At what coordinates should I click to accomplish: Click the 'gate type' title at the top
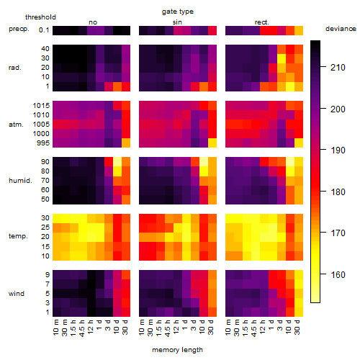pyautogui.click(x=178, y=12)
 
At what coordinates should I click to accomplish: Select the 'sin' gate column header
pyautogui.click(x=177, y=22)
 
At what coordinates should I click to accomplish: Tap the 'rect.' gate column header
pyautogui.click(x=261, y=22)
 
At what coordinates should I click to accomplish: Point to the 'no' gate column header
pyautogui.click(x=93, y=22)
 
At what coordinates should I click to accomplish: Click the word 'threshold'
pyautogui.click(x=40, y=17)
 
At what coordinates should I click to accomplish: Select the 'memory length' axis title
pyautogui.click(x=177, y=350)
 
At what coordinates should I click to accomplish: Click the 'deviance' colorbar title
pyautogui.click(x=341, y=29)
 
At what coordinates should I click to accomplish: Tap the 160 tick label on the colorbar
pyautogui.click(x=338, y=274)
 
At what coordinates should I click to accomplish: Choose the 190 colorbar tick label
pyautogui.click(x=338, y=150)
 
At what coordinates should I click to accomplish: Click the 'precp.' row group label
pyautogui.click(x=19, y=29)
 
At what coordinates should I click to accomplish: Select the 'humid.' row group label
pyautogui.click(x=20, y=180)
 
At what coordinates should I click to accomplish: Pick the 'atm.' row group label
pyautogui.click(x=16, y=125)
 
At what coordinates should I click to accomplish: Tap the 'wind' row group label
pyautogui.click(x=17, y=293)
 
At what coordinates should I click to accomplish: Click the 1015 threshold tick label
pyautogui.click(x=41, y=105)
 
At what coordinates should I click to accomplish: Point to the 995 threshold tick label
pyautogui.click(x=43, y=143)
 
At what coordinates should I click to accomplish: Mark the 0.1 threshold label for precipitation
pyautogui.click(x=44, y=30)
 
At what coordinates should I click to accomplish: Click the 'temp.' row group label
pyautogui.click(x=18, y=236)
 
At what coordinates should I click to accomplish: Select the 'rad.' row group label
pyautogui.click(x=15, y=68)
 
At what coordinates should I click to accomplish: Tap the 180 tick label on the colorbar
pyautogui.click(x=338, y=192)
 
